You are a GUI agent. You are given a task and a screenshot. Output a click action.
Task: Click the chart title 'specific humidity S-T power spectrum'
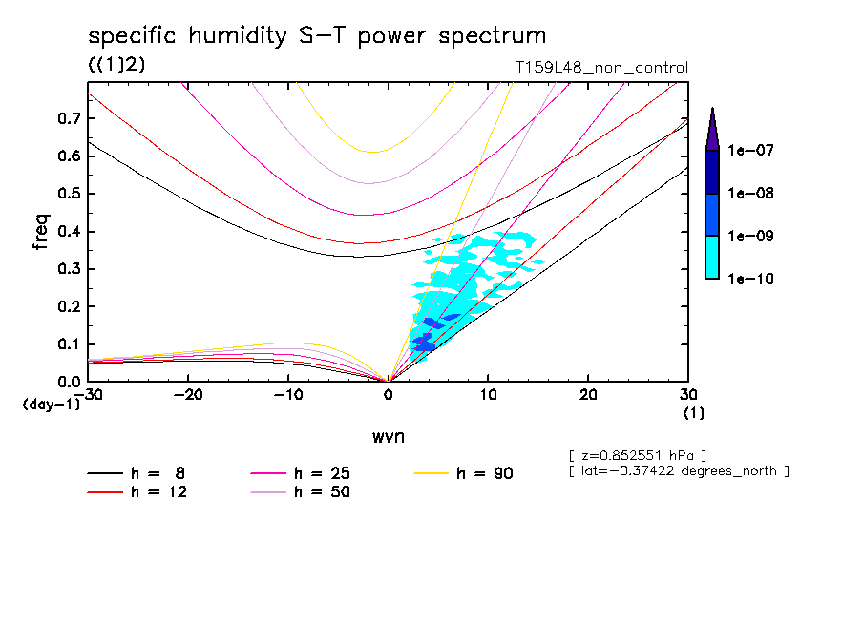(x=317, y=36)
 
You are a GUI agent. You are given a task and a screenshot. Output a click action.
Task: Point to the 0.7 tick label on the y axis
(x=68, y=118)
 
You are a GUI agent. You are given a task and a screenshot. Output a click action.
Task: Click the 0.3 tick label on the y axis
(x=68, y=269)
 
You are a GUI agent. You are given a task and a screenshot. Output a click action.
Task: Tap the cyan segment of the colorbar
(x=712, y=257)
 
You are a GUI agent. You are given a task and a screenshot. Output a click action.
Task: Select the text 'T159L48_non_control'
(x=600, y=68)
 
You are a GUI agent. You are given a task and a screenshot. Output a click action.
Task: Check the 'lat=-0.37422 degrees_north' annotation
(x=678, y=469)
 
